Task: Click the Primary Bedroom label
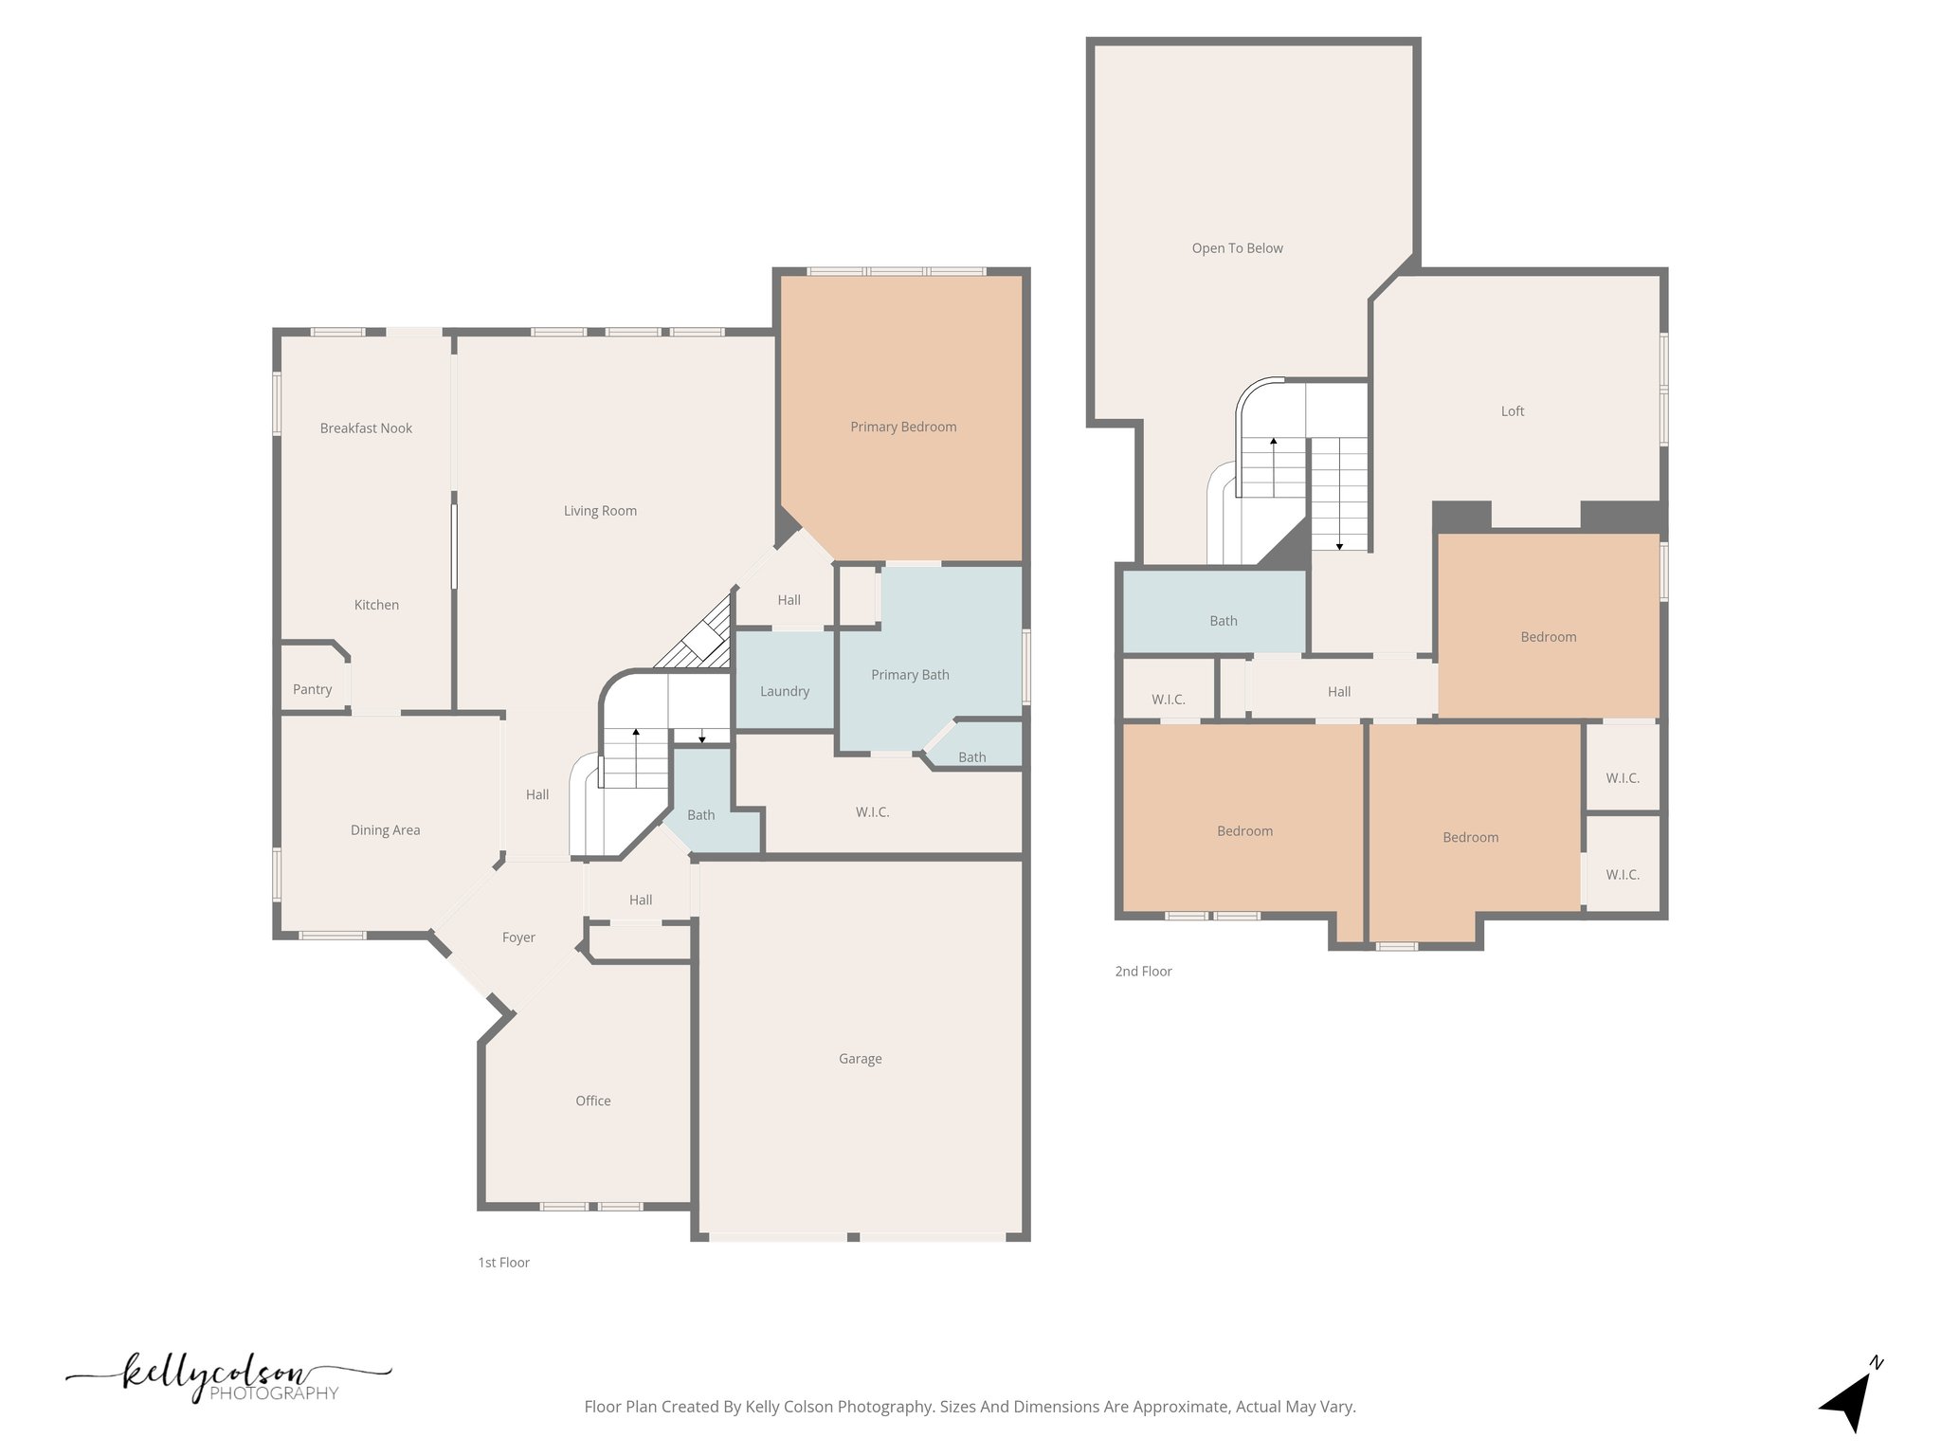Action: coord(903,427)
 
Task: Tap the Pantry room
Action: coord(312,689)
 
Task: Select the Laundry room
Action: coord(784,691)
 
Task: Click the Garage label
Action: coord(860,1059)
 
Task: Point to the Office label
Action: coord(592,1101)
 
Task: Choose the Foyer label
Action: coord(518,937)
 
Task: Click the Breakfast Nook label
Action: coord(366,428)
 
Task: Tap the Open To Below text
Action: coord(1237,248)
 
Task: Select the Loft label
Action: coord(1512,411)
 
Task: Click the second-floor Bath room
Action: coord(1223,621)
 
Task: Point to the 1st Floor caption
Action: coord(503,1263)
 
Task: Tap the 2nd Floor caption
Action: coord(1143,972)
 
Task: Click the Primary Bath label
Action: coord(910,675)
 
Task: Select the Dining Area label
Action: coord(385,830)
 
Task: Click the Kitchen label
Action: coord(376,605)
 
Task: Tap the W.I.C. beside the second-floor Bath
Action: coord(1168,700)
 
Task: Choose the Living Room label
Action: coord(600,511)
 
